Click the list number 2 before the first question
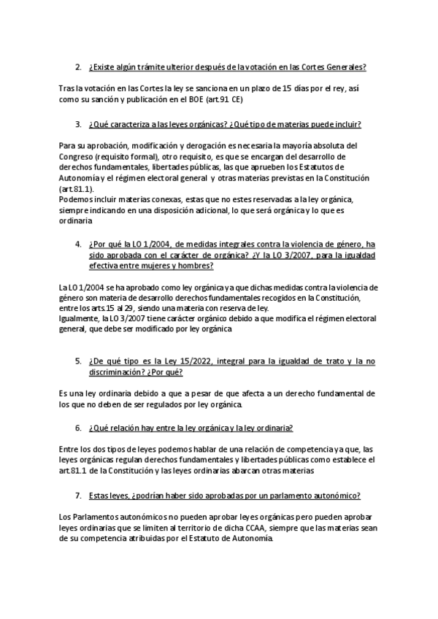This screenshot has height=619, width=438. coord(78,67)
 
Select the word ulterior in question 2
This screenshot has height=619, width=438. coord(172,67)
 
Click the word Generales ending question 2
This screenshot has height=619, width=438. coord(341,67)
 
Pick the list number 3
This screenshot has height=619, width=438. coord(78,124)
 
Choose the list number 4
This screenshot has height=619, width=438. coord(78,245)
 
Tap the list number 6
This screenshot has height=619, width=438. coord(78,428)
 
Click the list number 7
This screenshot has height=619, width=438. coord(78,496)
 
